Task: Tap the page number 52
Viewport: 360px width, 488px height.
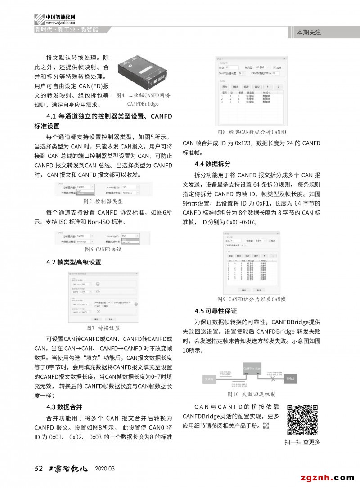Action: [x=38, y=468]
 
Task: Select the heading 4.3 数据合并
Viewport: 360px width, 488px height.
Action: [x=64, y=407]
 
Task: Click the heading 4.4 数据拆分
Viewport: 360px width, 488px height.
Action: [x=212, y=164]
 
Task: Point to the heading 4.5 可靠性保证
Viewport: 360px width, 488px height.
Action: [x=216, y=311]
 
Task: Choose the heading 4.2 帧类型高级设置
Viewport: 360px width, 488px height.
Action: [x=74, y=262]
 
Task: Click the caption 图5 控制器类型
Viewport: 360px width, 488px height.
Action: [x=103, y=201]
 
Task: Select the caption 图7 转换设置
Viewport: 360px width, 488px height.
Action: [x=103, y=328]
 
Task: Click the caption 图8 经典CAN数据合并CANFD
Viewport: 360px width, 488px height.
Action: [x=251, y=132]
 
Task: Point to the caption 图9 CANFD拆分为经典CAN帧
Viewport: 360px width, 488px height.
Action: [x=251, y=300]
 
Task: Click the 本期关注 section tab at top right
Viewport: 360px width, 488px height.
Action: [x=309, y=32]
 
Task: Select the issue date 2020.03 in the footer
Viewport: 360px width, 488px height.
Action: [x=105, y=469]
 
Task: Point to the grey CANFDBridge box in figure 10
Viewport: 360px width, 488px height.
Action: [x=252, y=370]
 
